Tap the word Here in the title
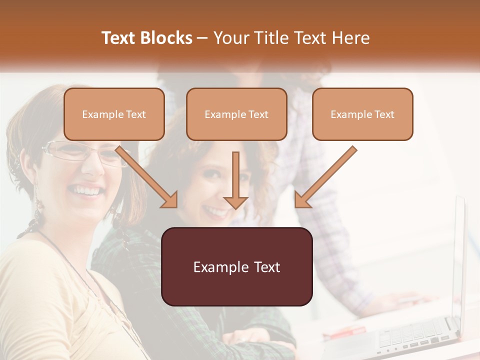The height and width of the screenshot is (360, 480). pos(350,38)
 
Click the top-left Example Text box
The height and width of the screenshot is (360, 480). pos(114,114)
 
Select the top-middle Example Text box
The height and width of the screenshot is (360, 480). pos(236,114)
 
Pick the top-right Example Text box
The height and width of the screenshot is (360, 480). pos(362,114)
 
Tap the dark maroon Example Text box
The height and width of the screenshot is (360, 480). pos(236,267)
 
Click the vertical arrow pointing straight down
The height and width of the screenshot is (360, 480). pos(235,180)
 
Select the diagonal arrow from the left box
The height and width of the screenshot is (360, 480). pos(147,177)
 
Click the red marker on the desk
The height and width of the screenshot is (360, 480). pos(345,331)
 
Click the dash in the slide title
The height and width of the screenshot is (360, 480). pos(202,38)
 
